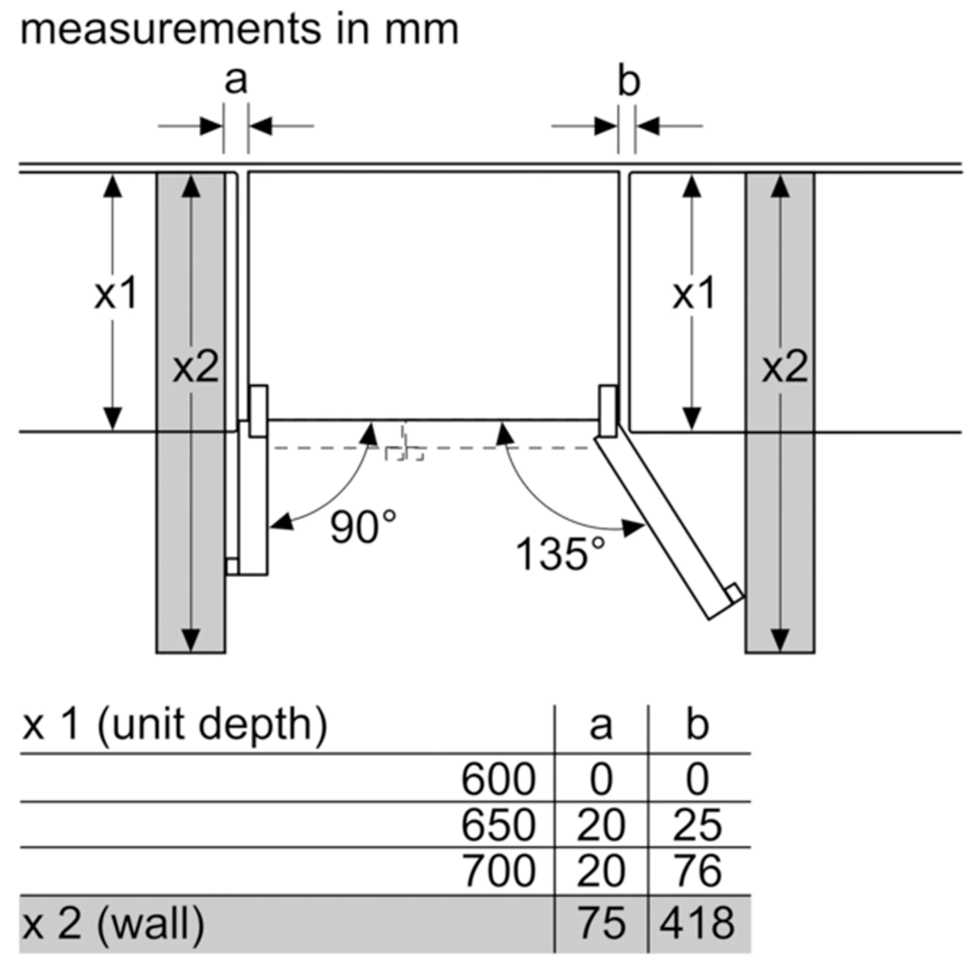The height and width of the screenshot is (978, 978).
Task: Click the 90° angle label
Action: pyautogui.click(x=363, y=527)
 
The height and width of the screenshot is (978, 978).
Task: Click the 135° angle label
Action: pyautogui.click(x=560, y=554)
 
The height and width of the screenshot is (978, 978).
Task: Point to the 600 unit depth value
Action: pyautogui.click(x=498, y=779)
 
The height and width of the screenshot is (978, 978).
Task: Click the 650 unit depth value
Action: pyautogui.click(x=498, y=825)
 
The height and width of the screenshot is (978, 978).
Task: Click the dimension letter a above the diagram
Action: pyautogui.click(x=236, y=81)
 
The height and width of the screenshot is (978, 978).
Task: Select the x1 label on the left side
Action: pyautogui.click(x=116, y=293)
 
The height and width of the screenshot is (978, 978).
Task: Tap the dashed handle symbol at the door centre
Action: pyautogui.click(x=404, y=448)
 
